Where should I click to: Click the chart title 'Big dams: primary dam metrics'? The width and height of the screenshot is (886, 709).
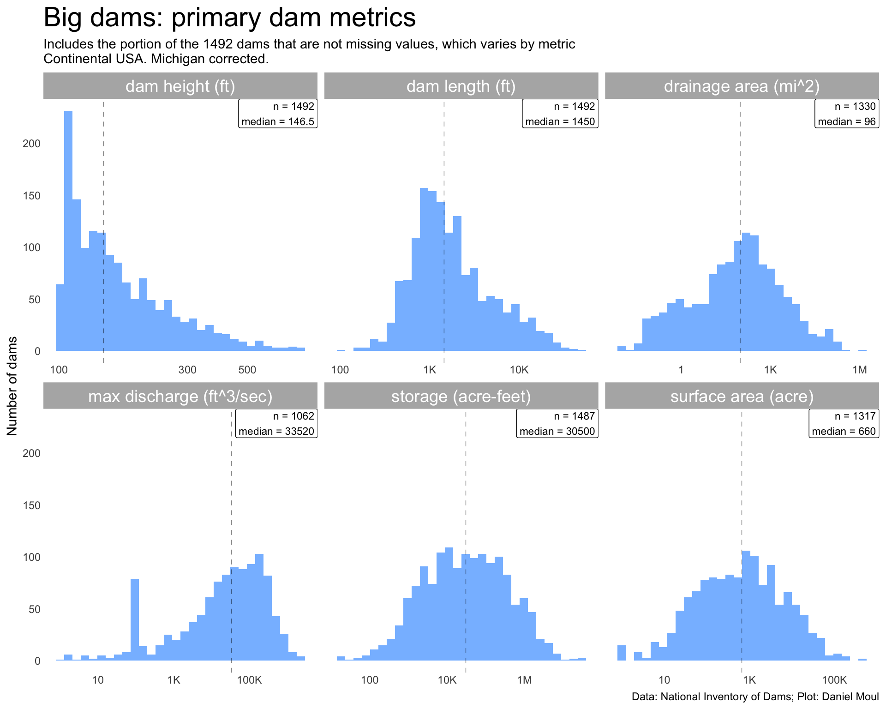coord(229,18)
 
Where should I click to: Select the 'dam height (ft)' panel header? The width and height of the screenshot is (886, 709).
coord(180,86)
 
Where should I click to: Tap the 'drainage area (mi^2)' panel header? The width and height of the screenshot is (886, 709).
coord(742,86)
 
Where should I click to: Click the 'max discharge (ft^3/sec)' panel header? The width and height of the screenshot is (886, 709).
coord(180,397)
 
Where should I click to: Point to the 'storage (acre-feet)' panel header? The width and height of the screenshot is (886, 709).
coord(461,397)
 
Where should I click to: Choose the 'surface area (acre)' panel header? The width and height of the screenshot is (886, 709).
coord(742,397)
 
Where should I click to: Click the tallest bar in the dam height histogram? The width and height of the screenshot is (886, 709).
coord(68,231)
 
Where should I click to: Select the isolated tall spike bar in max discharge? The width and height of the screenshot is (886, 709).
coord(135,619)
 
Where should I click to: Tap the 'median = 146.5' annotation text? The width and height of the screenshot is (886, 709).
coord(278,121)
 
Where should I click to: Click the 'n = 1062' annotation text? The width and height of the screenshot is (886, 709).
coord(293,416)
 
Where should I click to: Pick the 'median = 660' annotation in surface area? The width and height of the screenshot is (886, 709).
coord(844,431)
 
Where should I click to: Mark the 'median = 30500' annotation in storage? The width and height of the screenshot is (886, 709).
coord(557,431)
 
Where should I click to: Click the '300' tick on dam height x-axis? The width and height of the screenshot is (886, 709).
coord(187,370)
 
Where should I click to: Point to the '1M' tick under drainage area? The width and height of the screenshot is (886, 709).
coord(859,370)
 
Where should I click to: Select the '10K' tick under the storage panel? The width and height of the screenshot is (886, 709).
coord(447,679)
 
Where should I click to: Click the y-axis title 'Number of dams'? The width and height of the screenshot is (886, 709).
coord(12,386)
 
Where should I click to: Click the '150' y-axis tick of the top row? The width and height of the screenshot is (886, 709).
coord(32,196)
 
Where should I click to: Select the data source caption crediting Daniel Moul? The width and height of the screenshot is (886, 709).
coord(755,697)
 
